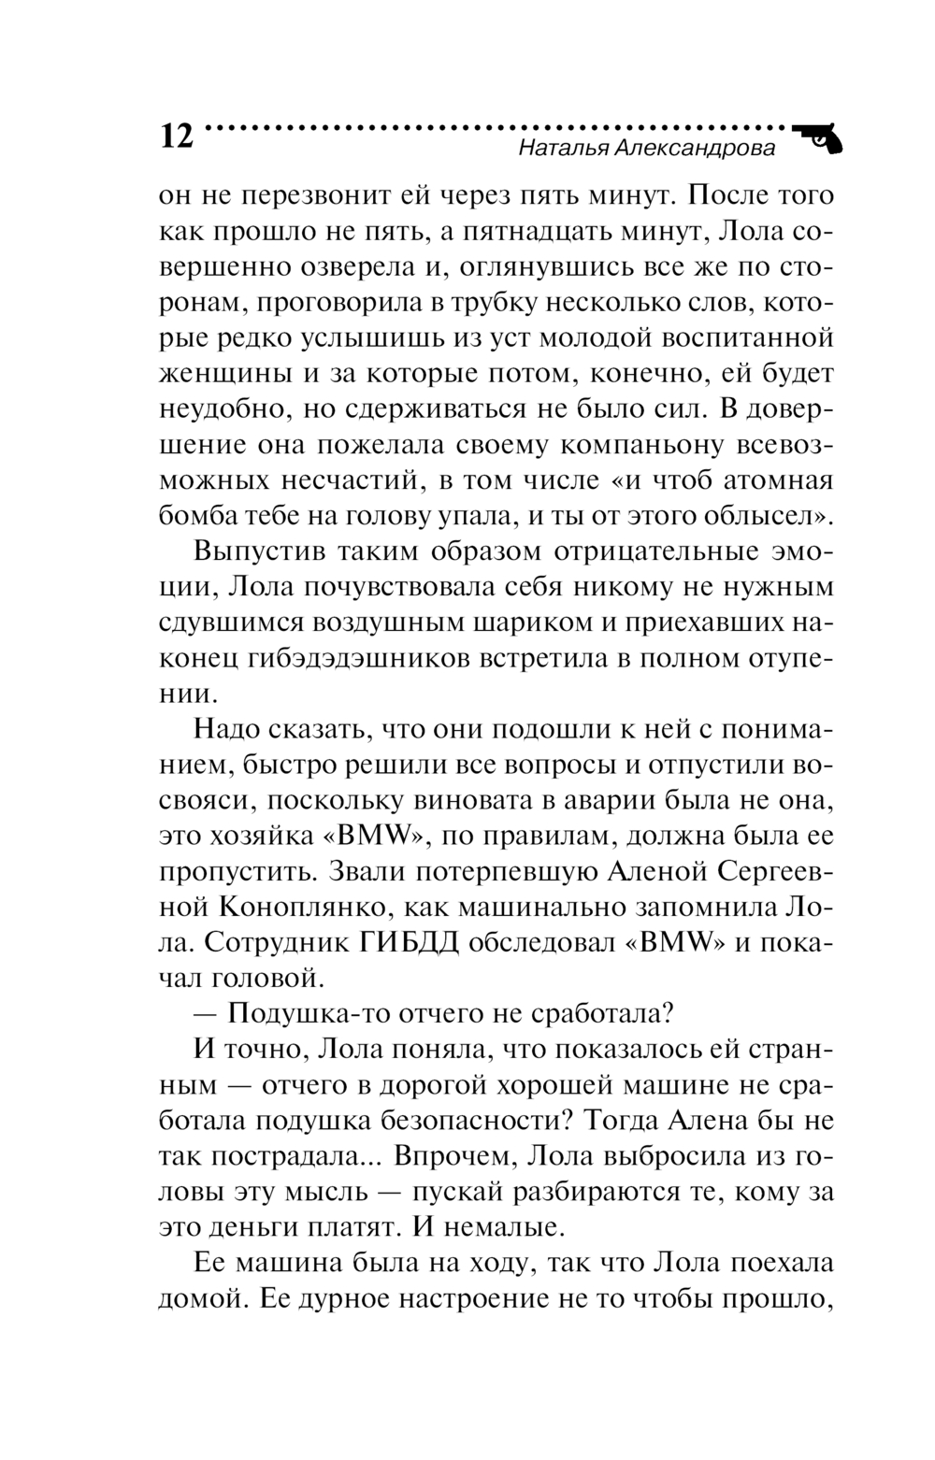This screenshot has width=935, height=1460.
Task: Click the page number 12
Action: pyautogui.click(x=176, y=136)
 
